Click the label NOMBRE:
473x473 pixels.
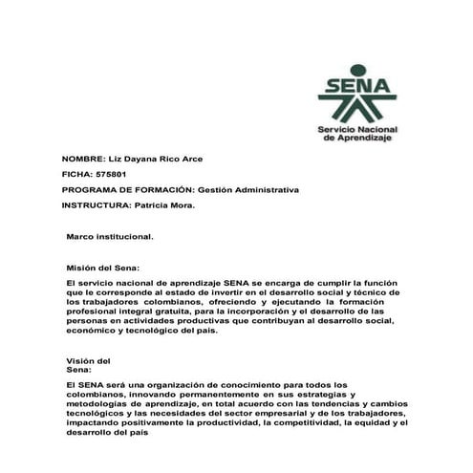point(84,158)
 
